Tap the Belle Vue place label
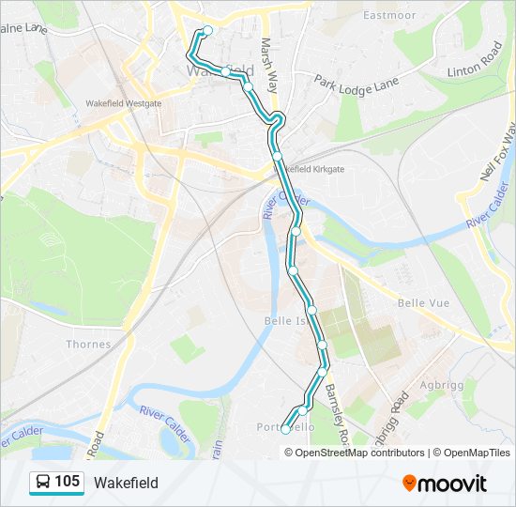click(x=423, y=303)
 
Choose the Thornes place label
click(x=88, y=344)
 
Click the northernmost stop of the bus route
click(x=207, y=30)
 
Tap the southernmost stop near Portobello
click(x=285, y=430)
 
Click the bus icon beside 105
click(x=42, y=483)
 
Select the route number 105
click(x=67, y=483)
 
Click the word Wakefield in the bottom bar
click(x=126, y=483)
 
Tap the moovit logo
click(x=445, y=484)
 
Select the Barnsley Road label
click(x=336, y=413)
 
